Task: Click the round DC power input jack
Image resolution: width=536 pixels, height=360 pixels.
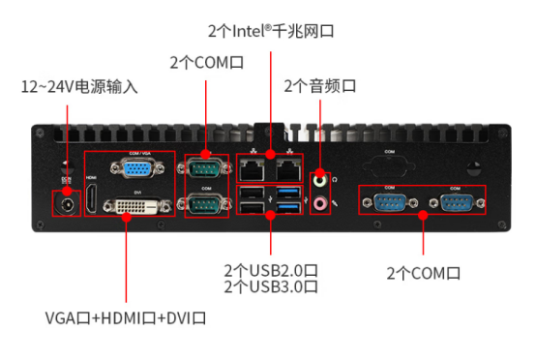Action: coord(67,205)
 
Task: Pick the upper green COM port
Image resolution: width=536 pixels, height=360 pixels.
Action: coord(204,171)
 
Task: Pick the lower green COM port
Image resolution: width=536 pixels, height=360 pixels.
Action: coord(204,206)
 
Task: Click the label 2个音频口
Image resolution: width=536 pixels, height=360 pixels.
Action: coord(320,86)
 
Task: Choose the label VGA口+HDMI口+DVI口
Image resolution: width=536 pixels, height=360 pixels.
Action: coord(126,318)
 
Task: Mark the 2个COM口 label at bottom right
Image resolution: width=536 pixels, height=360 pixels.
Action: coord(424,273)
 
